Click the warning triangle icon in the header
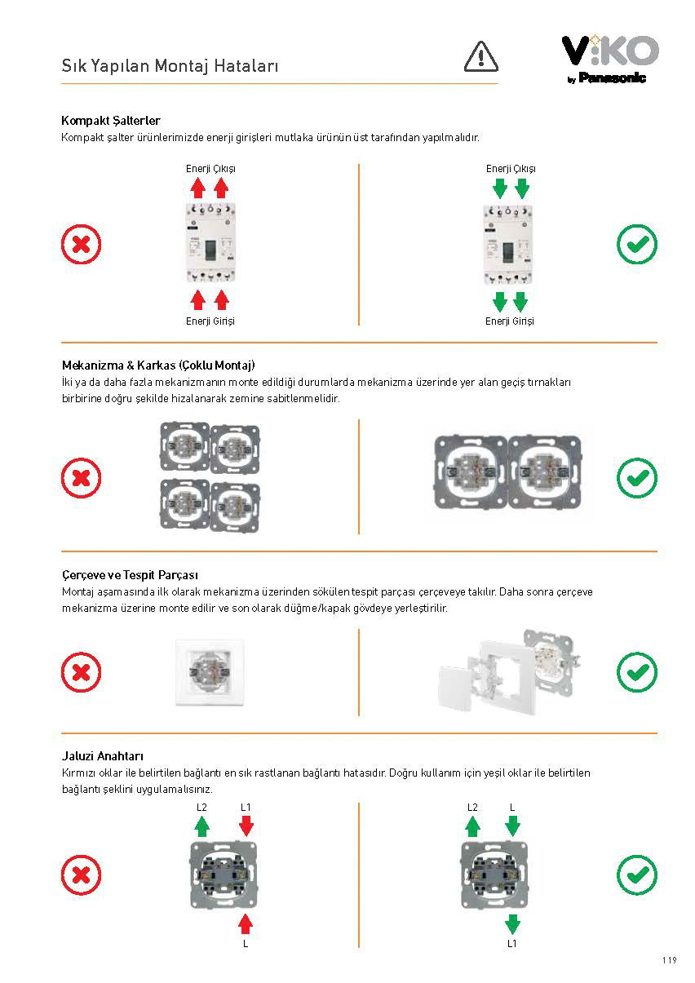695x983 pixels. [x=480, y=55]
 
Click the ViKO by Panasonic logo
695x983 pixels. [x=609, y=59]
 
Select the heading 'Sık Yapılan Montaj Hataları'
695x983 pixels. [x=170, y=66]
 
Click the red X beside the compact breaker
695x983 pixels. [x=82, y=244]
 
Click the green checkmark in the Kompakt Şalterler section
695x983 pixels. [x=637, y=244]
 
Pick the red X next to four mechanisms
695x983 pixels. [x=82, y=478]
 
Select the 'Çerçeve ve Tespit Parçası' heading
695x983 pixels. [x=131, y=575]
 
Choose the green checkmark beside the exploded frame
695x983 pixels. [x=637, y=673]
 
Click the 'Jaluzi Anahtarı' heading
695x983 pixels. [x=103, y=756]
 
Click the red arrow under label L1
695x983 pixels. [x=246, y=826]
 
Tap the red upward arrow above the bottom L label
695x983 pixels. [x=246, y=923]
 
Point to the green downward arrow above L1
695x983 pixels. [x=512, y=923]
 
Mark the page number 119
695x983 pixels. [x=669, y=960]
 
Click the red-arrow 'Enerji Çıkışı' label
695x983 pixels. [x=210, y=169]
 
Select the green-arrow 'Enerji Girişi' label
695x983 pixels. [x=510, y=321]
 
